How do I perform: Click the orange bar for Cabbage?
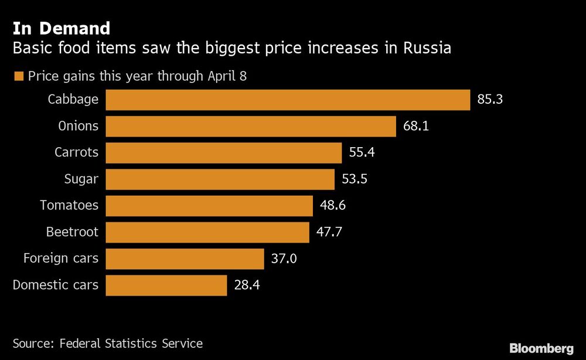click(288, 100)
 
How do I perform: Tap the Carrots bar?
click(223, 153)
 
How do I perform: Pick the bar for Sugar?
click(220, 179)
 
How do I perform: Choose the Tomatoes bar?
click(209, 206)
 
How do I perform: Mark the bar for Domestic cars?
click(166, 286)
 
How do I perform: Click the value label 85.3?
click(490, 100)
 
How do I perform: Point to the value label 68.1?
click(416, 126)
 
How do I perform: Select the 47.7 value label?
click(329, 232)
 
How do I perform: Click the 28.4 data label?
click(246, 286)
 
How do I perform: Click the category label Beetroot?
click(72, 232)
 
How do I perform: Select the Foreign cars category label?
click(61, 259)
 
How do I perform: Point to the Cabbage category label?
click(73, 100)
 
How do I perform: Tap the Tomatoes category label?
click(69, 206)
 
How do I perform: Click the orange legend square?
click(18, 77)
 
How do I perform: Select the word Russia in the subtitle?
click(427, 48)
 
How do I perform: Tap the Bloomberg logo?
click(541, 349)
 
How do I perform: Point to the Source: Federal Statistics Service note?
click(108, 344)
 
